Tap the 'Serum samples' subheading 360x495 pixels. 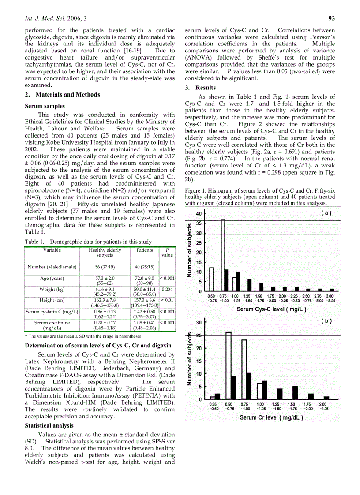tap(45, 106)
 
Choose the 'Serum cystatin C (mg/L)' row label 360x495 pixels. tap(52, 312)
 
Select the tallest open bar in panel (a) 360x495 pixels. tap(223, 255)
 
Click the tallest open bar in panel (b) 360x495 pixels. tap(229, 365)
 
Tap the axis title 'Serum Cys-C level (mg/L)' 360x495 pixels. tap(271, 309)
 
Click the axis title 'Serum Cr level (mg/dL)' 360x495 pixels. tap(271, 417)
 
